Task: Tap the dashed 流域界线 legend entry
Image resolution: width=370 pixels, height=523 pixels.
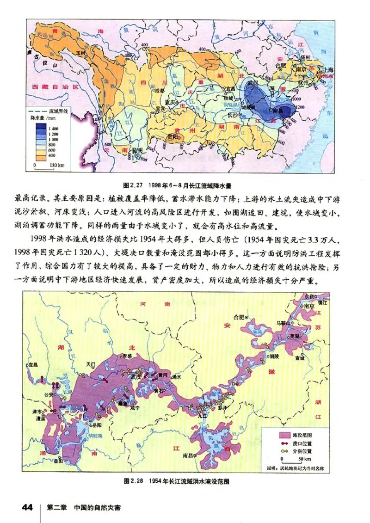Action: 49,111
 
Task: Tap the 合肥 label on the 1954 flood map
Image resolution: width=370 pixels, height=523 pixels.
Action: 239,317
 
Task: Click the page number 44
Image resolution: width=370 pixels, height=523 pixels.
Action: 27,507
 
